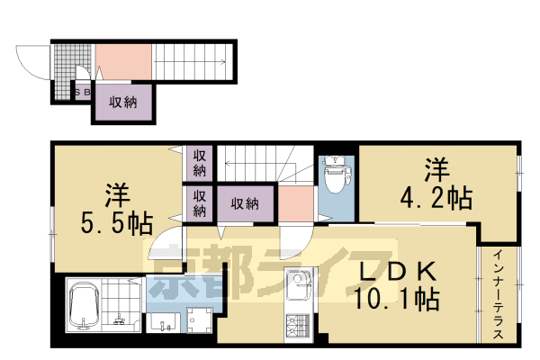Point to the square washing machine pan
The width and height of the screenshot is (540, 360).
pos(199,321)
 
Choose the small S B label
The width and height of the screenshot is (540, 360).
pos(81,92)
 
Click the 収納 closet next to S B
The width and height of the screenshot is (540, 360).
pos(122,102)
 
